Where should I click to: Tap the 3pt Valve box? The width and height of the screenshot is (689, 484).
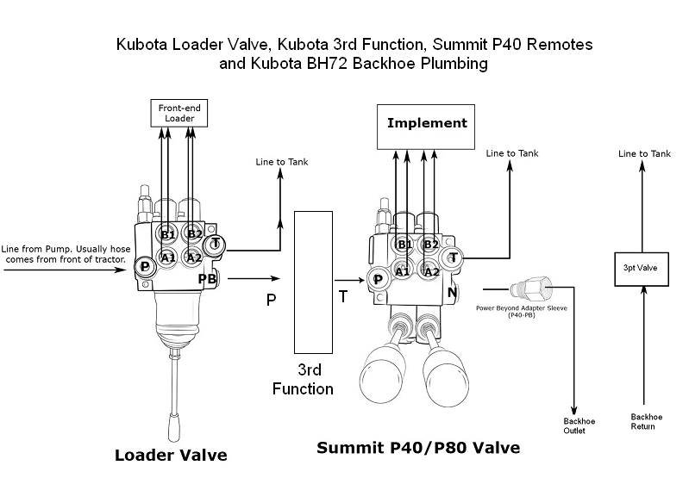[x=640, y=268]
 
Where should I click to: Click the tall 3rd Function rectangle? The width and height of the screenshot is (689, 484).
[x=313, y=282]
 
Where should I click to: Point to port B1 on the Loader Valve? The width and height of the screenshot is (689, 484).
[x=168, y=234]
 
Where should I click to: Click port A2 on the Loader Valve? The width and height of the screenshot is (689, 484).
[x=194, y=258]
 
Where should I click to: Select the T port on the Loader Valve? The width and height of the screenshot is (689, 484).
[x=216, y=245]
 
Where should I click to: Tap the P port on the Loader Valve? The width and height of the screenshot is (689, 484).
[x=146, y=268]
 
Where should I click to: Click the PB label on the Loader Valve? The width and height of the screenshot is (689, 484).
[x=207, y=279]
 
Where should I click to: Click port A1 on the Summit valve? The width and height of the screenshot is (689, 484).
[x=402, y=270]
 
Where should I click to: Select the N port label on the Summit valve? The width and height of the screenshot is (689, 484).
[x=452, y=292]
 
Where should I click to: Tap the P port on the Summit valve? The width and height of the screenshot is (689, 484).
[x=377, y=278]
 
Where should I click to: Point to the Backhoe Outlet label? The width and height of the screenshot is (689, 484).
[x=573, y=425]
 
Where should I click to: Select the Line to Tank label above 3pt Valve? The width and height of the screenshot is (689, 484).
[x=645, y=153]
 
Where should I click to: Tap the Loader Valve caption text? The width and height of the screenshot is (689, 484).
[x=171, y=455]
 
